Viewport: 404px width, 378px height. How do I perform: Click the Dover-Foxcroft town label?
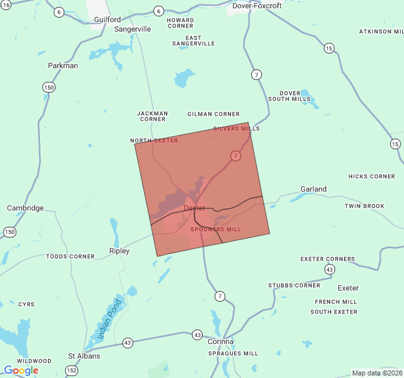257,6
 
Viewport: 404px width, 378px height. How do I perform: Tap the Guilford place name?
107,20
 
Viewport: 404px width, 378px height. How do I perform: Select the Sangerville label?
133,29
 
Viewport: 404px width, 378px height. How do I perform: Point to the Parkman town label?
63,66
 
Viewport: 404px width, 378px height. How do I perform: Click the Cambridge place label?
25,208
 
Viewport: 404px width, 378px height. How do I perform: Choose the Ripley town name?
119,251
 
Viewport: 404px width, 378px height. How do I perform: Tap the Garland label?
314,189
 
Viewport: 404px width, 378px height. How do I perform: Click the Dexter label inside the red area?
194,208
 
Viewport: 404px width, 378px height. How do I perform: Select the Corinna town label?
220,341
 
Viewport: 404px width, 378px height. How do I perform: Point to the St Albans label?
84,356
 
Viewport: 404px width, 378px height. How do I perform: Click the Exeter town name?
348,288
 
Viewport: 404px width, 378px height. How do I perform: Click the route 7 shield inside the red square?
235,156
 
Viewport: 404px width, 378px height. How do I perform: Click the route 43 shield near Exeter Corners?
330,269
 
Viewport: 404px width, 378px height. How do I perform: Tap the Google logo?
21,370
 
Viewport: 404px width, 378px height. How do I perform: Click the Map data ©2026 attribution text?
376,373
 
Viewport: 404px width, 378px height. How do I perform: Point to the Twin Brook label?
364,206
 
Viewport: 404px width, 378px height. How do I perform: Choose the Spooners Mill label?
216,229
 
